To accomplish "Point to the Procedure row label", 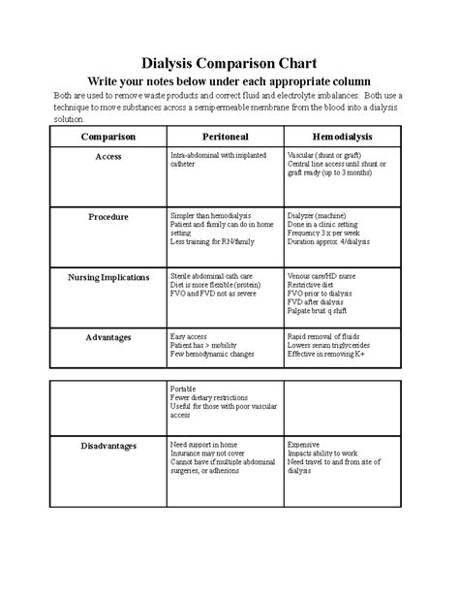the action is pos(107,215).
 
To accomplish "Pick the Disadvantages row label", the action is pos(107,446).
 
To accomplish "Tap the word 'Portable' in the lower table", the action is pos(184,389).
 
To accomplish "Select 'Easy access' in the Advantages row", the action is pos(190,336).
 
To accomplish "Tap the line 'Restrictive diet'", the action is pos(312,285).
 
